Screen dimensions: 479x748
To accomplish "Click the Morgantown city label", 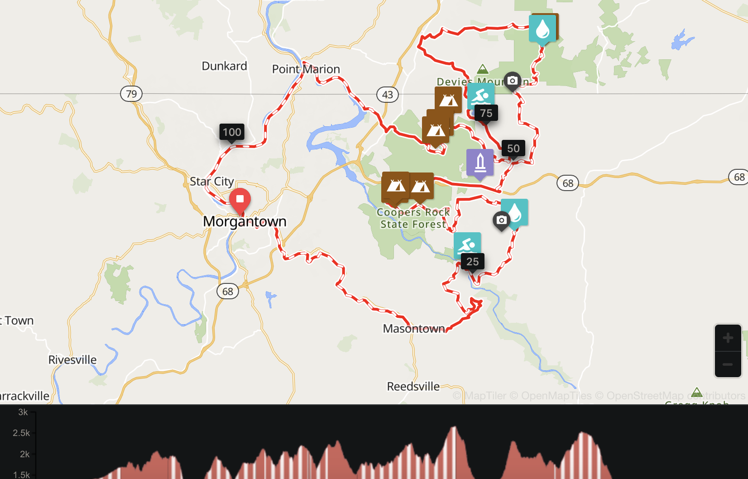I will (x=245, y=221).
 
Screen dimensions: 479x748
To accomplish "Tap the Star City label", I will (x=211, y=182).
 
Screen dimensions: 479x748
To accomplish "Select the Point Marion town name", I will (x=306, y=69).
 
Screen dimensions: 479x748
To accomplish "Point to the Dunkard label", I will (x=224, y=66).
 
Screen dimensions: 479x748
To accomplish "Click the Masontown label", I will (x=414, y=329).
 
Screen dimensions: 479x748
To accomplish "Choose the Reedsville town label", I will (x=413, y=387).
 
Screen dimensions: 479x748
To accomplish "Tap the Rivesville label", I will (x=72, y=360).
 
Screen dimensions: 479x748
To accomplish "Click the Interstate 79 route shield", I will (x=131, y=94).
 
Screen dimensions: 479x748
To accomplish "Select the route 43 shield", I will (x=388, y=95).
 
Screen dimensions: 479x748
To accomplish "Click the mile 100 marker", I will (x=232, y=132).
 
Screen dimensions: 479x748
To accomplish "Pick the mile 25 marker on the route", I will (x=472, y=262).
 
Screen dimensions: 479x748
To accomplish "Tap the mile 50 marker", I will (x=513, y=148).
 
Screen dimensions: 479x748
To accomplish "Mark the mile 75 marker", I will (x=486, y=113).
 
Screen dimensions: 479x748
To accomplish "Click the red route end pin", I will (x=240, y=200).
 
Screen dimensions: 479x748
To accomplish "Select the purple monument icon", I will (x=480, y=163).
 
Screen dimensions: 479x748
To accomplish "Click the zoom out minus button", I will (x=728, y=364).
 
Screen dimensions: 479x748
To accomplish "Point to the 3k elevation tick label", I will (x=23, y=412).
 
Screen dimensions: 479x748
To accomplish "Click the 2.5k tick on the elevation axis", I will (x=21, y=433).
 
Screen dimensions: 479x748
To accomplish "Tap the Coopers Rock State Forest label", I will (x=413, y=218).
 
